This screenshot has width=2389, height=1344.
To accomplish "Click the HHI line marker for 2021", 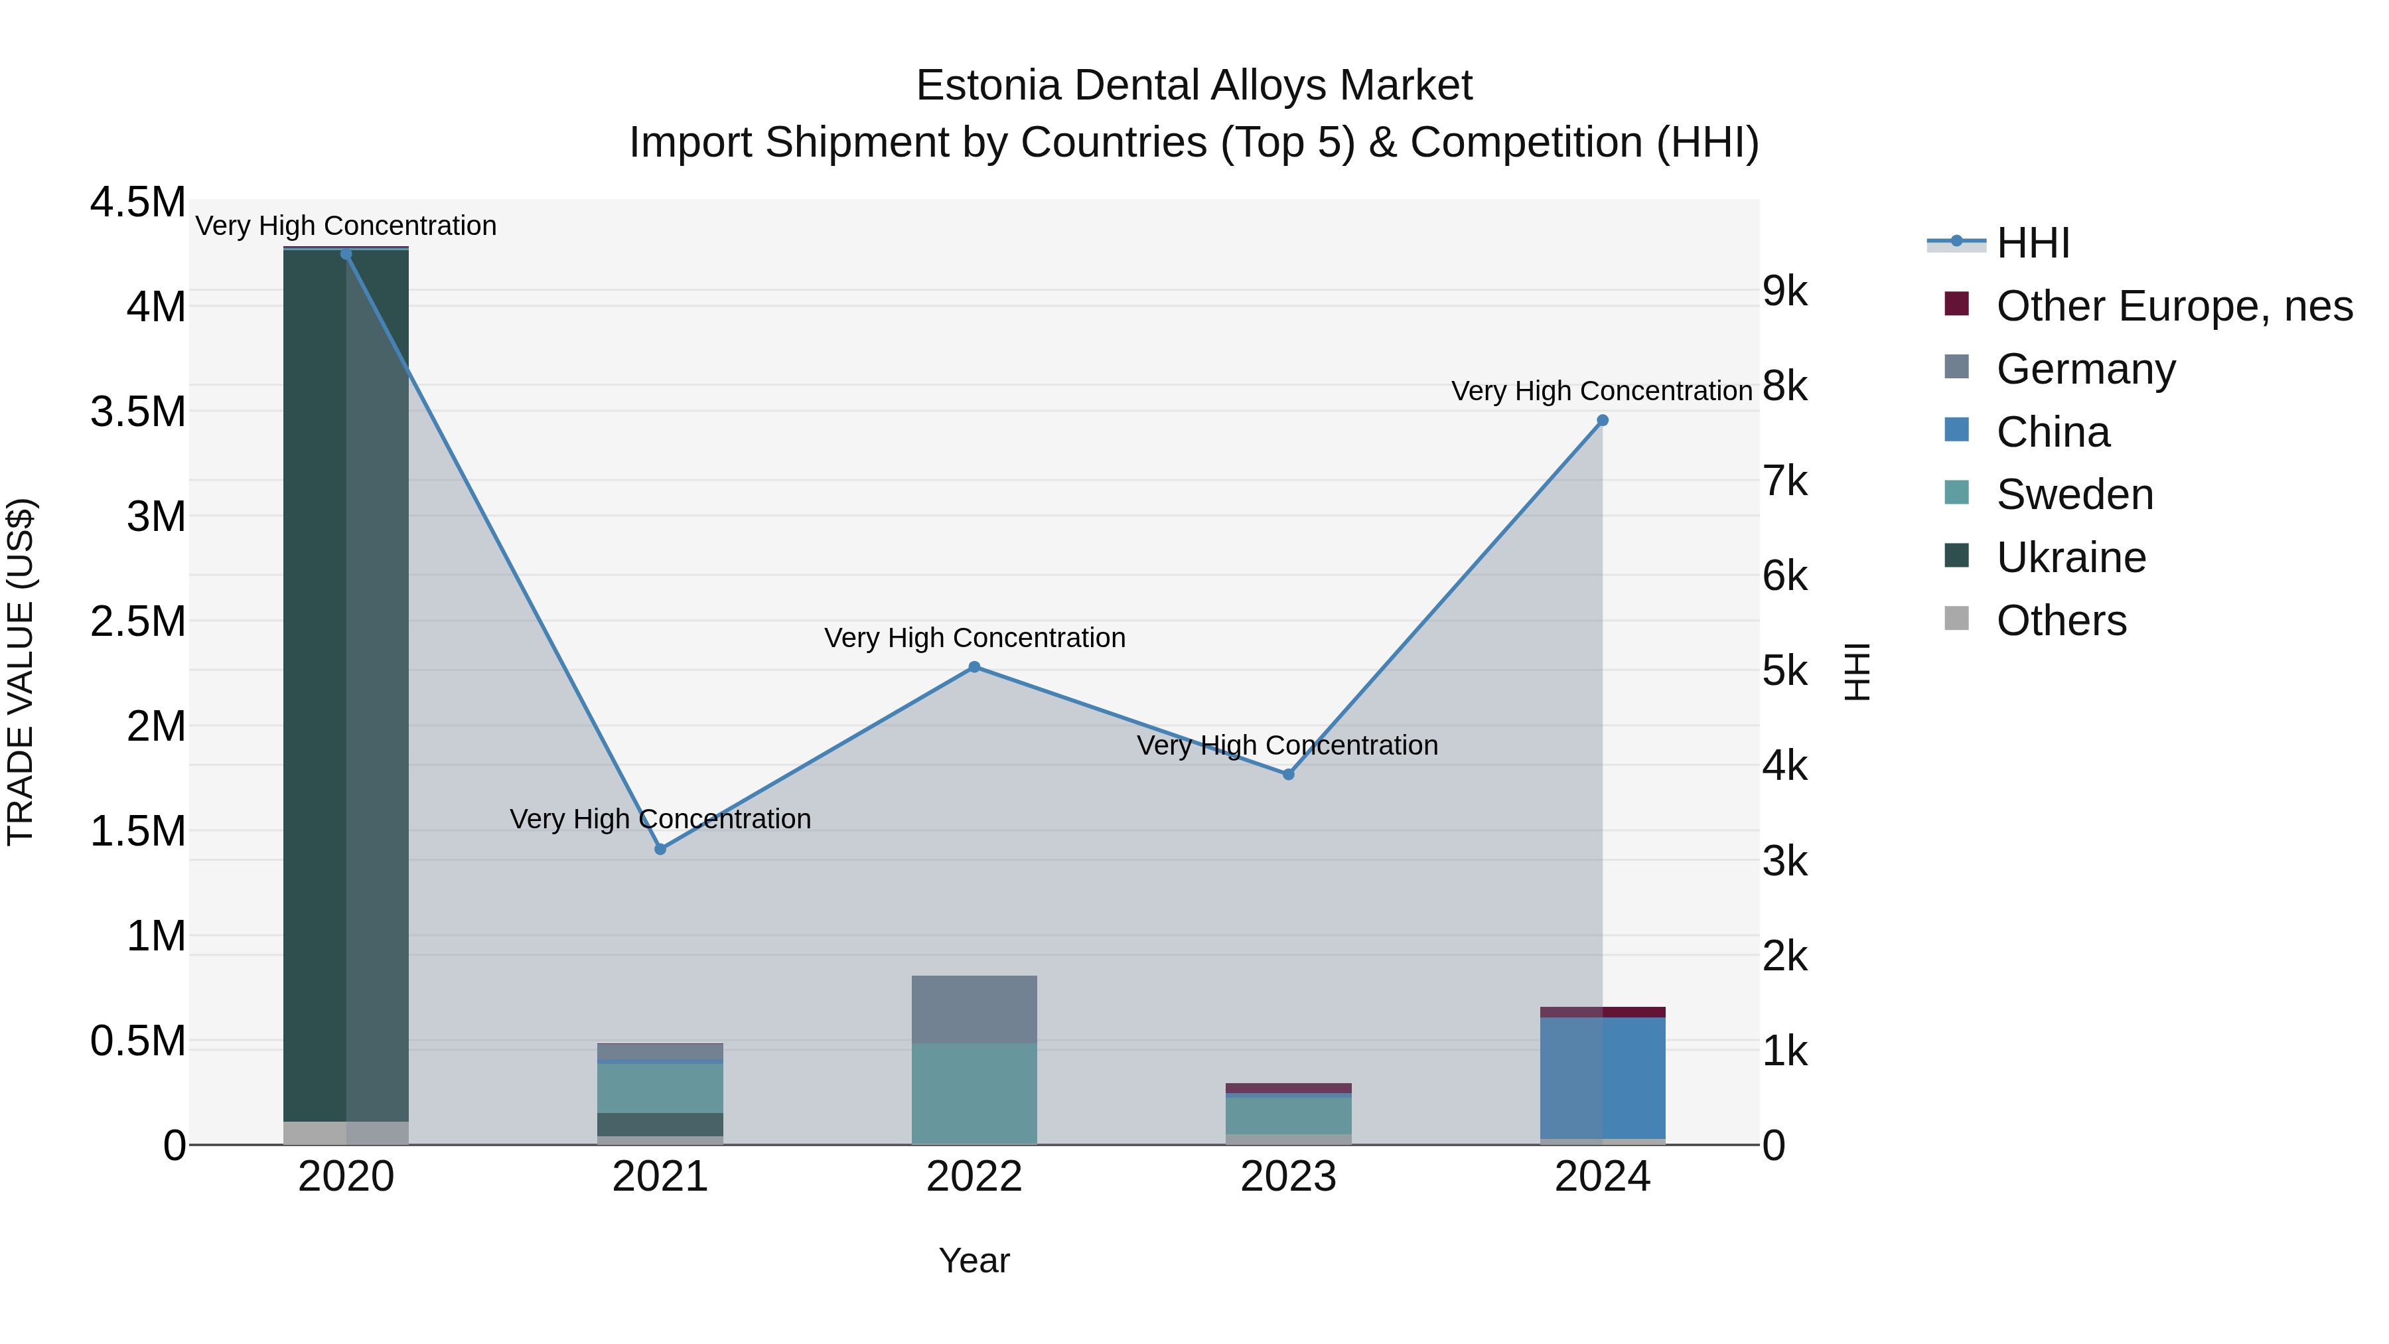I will click(x=660, y=849).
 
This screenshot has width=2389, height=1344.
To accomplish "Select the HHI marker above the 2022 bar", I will click(x=974, y=667).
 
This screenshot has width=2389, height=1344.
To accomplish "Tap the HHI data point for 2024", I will click(x=1602, y=420).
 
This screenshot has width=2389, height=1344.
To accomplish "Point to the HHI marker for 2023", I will click(x=1288, y=774).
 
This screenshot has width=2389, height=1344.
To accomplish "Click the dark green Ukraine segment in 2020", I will click(x=315, y=686).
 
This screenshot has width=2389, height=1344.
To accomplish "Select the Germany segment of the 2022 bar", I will click(x=974, y=1009).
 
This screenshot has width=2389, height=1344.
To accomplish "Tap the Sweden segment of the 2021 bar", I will click(x=660, y=1087).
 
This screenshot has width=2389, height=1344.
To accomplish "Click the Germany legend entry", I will click(x=2085, y=369).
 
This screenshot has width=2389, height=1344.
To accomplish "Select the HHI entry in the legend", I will click(x=2032, y=243).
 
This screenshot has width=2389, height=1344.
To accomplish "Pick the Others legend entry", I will click(x=2061, y=621).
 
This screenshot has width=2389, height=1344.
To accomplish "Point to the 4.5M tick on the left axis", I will click(x=138, y=202).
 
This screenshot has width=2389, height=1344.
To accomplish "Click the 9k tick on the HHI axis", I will click(x=1784, y=291).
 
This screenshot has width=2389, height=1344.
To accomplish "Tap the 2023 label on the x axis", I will click(x=1288, y=1177).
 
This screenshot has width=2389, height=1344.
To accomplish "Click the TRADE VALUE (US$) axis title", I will click(x=21, y=672).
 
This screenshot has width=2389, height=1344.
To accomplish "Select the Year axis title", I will click(x=974, y=1260).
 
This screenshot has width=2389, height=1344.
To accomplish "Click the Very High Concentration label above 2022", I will click(x=974, y=638).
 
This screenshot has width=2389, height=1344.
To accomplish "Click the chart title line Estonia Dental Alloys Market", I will click(x=1194, y=86).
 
